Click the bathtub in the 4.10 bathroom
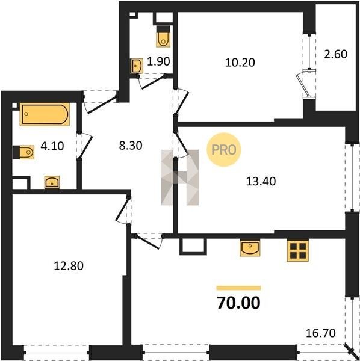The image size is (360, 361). tap(45, 114)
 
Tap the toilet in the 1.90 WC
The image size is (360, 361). tap(163, 36)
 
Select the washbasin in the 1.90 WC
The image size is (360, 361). tap(137, 66)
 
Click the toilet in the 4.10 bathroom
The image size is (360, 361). tap(23, 152)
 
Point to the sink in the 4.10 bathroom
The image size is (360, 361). tap(52, 182)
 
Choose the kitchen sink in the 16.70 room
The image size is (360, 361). tap(250, 248)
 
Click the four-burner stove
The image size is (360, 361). tap(298, 250)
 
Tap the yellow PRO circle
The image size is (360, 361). tap(224, 150)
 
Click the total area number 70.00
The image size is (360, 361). tap(238, 303)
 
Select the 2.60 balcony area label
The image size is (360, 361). tap(335, 54)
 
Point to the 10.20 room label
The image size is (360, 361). tap(240, 63)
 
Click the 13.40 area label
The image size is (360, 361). tap(261, 182)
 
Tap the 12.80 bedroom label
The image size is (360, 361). tap(69, 266)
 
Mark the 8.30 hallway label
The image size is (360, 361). tap(131, 146)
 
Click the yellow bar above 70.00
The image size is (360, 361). tap(238, 288)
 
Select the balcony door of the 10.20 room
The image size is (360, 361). tap(302, 85)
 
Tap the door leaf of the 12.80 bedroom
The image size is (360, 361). tap(122, 209)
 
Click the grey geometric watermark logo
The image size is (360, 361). tap(179, 177)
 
